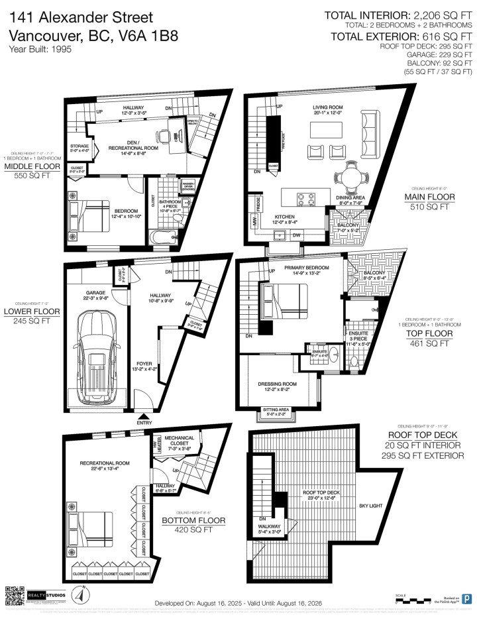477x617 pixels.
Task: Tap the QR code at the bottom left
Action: click(x=15, y=594)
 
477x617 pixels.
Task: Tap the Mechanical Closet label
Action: click(x=179, y=442)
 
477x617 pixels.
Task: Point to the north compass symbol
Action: click(x=78, y=594)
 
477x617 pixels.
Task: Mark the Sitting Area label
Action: click(x=275, y=412)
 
